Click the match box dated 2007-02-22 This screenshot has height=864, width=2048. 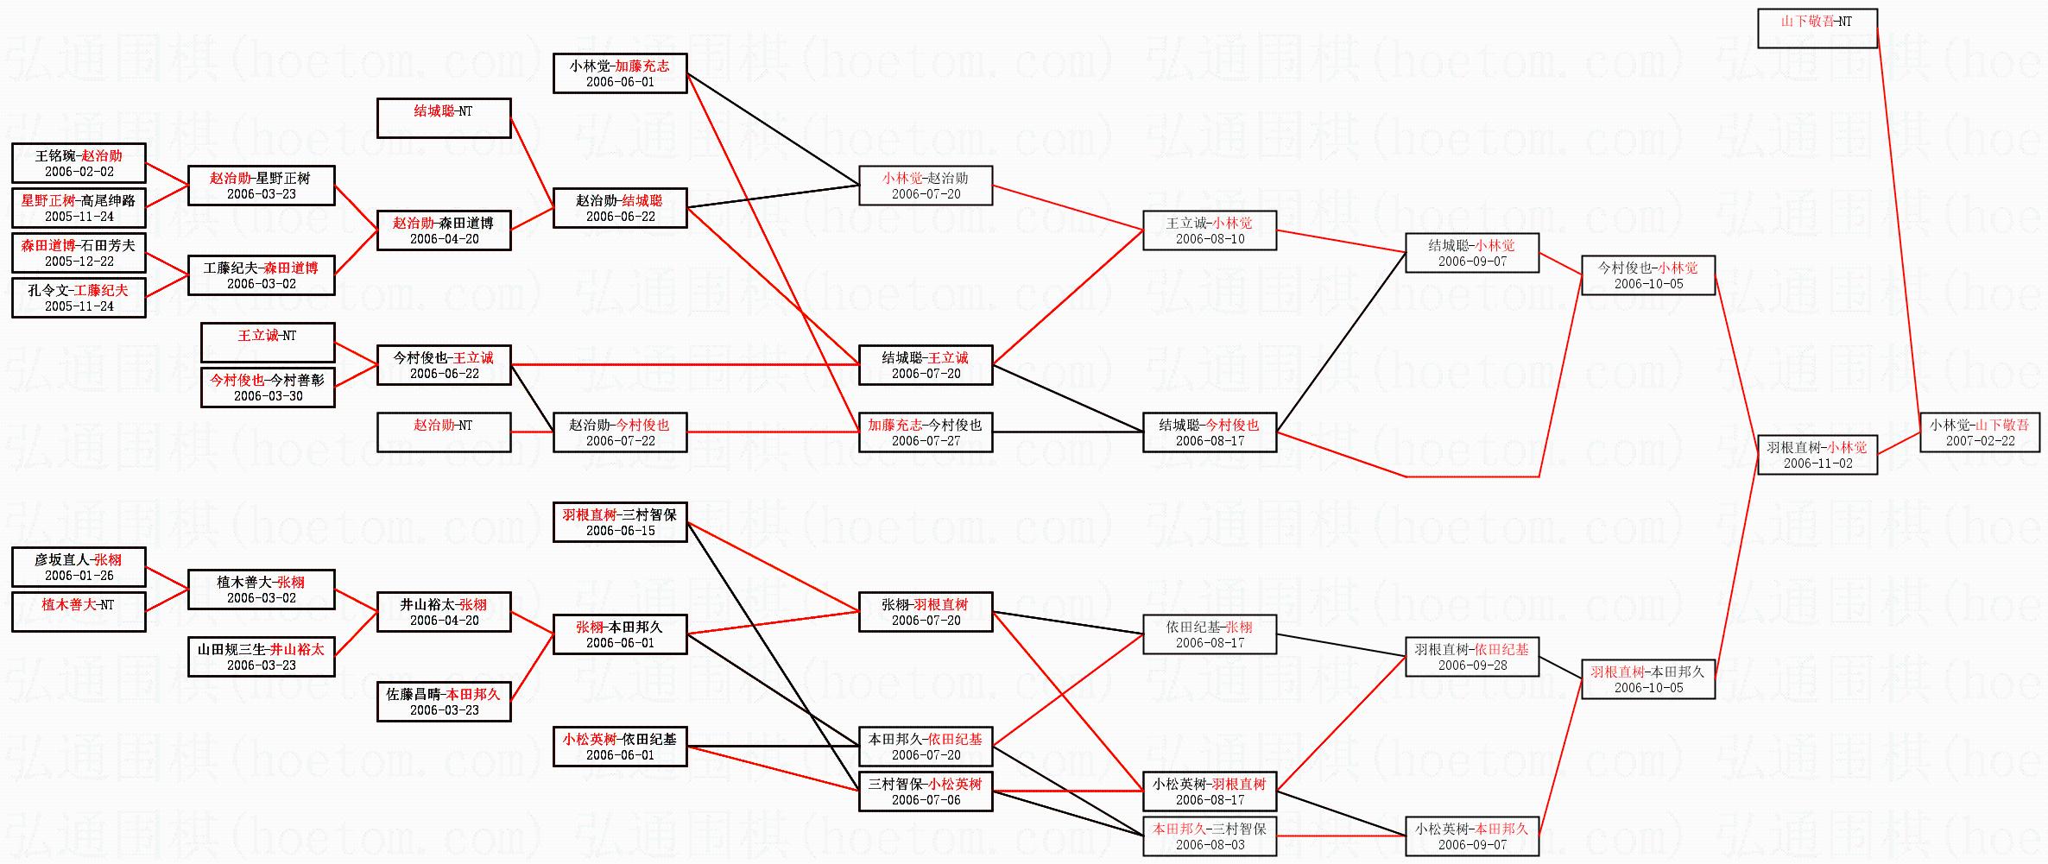tap(1980, 432)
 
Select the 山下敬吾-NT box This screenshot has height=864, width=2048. tap(1817, 28)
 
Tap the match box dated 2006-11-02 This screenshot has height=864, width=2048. tap(1817, 455)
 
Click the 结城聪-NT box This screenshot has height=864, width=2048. tap(444, 118)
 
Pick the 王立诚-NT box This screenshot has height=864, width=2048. tap(268, 343)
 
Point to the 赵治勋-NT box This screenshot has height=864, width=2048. tap(444, 432)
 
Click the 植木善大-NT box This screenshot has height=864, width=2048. tap(79, 612)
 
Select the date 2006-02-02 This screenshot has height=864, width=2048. tap(79, 172)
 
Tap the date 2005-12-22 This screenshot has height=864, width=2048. tap(79, 262)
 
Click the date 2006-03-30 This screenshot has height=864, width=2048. tap(269, 396)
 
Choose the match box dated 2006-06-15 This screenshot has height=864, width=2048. tap(620, 522)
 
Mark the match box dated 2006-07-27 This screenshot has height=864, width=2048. tap(926, 432)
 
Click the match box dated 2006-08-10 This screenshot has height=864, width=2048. tap(1210, 230)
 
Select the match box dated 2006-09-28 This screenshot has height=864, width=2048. tap(1472, 657)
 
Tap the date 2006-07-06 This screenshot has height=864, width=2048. tap(926, 800)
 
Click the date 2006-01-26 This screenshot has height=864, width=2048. tap(79, 576)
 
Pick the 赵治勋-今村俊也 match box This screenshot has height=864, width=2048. tap(620, 432)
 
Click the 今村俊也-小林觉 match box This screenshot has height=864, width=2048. tap(1648, 275)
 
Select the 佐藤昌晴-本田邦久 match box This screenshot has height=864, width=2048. tap(444, 702)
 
